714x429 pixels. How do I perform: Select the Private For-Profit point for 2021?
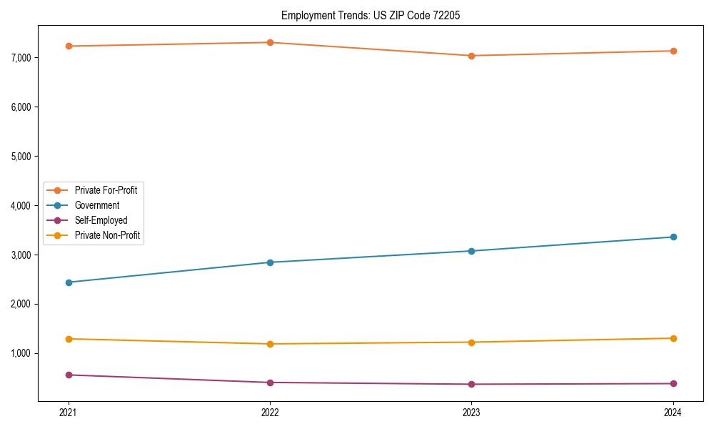[x=69, y=46]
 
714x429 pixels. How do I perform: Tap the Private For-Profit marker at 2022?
[x=270, y=42]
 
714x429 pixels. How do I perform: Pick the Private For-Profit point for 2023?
[x=471, y=56]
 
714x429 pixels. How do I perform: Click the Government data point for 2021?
[x=69, y=282]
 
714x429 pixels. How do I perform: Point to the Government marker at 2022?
[x=270, y=262]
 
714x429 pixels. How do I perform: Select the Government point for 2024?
[x=673, y=237]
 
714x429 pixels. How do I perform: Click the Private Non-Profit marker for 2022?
[x=270, y=344]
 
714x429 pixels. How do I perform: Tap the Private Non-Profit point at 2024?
[x=673, y=338]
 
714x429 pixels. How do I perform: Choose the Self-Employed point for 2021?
[x=69, y=375]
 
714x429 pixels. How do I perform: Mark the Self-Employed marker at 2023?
[x=471, y=384]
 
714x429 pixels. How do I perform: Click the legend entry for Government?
[x=97, y=205]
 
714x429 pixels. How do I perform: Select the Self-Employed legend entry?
[x=101, y=220]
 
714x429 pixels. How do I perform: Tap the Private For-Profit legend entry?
[x=106, y=190]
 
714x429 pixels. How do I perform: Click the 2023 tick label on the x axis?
[x=471, y=413]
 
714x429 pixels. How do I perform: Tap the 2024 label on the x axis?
[x=673, y=413]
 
